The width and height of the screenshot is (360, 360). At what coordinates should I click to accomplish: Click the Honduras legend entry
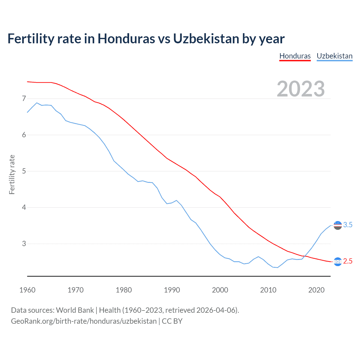tap(295, 56)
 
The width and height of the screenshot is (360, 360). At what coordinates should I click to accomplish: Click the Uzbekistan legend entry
tap(334, 56)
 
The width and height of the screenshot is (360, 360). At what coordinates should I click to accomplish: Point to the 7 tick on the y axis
tap(24, 98)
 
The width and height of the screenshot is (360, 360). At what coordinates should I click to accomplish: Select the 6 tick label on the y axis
tap(24, 135)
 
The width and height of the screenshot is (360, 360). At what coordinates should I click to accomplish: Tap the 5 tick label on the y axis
tap(24, 171)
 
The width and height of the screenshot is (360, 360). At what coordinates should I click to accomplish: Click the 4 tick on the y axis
tap(24, 207)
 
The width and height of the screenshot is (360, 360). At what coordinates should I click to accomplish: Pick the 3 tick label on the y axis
tap(24, 244)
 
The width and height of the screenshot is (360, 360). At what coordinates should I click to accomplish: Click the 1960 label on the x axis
tap(27, 290)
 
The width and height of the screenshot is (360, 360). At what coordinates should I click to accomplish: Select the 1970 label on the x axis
tap(75, 290)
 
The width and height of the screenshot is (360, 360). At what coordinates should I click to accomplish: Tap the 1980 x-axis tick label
tap(124, 290)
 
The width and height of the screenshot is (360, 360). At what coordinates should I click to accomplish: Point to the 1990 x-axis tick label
tap(172, 290)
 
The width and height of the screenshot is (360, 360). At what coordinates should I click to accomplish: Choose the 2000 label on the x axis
tap(220, 290)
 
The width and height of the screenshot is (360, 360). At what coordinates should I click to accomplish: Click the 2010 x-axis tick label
tap(268, 290)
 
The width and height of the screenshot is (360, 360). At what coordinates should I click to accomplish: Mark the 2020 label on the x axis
tap(316, 290)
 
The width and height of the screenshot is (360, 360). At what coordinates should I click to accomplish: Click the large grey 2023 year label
tap(301, 89)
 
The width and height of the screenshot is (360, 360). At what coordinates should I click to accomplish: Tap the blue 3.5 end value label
tap(348, 225)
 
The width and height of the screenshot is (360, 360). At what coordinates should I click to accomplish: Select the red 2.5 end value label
tap(348, 261)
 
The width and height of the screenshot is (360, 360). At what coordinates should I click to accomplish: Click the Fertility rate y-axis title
tap(12, 174)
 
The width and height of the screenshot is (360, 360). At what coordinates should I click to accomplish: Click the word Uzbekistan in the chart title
tap(206, 39)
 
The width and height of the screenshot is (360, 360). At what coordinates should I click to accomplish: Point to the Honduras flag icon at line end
tap(337, 262)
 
